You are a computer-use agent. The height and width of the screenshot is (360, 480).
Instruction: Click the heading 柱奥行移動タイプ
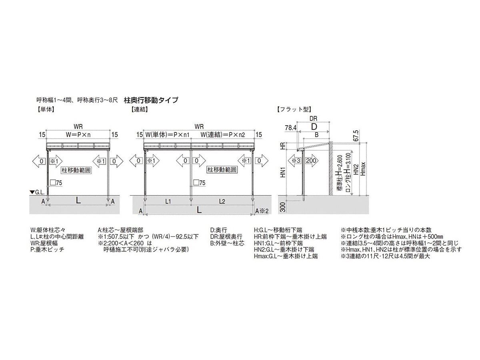tap(151, 100)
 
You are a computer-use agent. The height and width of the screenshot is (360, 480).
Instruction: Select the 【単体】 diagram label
tap(46, 109)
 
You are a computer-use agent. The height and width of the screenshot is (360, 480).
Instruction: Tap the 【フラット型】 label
tap(294, 109)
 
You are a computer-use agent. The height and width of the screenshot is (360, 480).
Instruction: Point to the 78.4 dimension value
tap(291, 128)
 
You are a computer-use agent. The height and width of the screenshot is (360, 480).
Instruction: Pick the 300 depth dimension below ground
tap(283, 207)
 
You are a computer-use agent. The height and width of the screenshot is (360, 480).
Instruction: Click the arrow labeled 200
tap(311, 161)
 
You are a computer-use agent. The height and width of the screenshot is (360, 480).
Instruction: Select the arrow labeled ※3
tap(294, 161)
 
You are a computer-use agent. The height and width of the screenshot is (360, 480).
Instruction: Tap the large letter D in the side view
tap(314, 127)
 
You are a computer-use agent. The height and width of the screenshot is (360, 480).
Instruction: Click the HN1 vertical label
tap(283, 172)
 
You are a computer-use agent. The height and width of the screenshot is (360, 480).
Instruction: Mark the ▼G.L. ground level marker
tap(37, 192)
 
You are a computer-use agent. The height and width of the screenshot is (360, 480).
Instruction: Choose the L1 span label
tap(168, 201)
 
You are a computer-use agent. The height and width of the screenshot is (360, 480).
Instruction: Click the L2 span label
tap(222, 201)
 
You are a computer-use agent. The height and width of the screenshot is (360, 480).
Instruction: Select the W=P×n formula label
tap(78, 135)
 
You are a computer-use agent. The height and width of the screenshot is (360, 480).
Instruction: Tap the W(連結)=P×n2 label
tap(223, 135)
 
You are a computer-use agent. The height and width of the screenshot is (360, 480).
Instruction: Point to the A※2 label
tap(262, 211)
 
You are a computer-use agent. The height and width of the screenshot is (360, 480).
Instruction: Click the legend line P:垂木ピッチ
tap(47, 249)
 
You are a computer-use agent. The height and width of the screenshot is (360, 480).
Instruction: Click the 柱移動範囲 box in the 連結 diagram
tap(222, 170)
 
